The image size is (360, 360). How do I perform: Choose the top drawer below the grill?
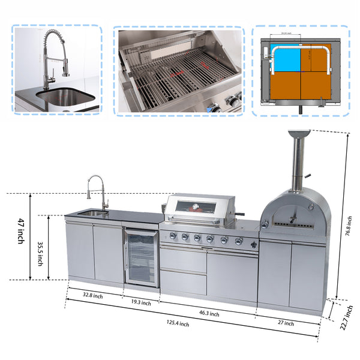click(x=183, y=259)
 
